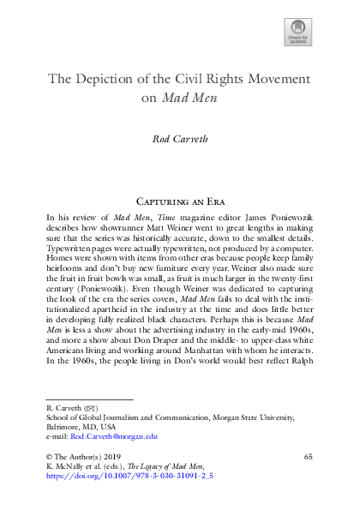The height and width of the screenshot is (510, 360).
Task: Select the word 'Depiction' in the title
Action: [x=112, y=79]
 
